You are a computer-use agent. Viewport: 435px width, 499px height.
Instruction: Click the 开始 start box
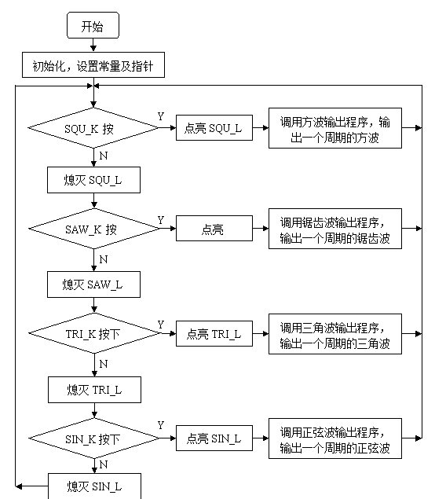pos(93,25)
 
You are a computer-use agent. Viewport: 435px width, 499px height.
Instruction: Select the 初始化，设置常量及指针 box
pos(93,65)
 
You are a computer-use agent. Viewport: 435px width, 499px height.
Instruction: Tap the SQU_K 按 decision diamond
pos(93,128)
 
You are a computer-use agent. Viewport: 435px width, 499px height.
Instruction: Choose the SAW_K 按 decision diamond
pos(93,229)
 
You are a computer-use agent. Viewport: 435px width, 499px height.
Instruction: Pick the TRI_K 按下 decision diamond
pos(94,333)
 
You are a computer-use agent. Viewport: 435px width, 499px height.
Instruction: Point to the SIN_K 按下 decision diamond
pos(93,438)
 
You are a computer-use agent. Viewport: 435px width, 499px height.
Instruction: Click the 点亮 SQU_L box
pos(214,127)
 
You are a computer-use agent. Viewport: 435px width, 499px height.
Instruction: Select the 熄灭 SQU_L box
pos(93,180)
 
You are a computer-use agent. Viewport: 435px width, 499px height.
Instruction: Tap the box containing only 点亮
pos(214,228)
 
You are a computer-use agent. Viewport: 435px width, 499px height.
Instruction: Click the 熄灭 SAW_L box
pos(93,284)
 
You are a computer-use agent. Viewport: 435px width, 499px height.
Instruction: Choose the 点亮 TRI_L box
pos(214,333)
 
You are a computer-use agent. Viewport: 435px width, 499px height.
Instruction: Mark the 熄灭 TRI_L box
pos(94,390)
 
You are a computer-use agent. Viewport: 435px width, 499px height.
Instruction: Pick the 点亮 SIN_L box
pos(214,438)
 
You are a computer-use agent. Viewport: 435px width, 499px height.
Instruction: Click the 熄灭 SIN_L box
pos(94,486)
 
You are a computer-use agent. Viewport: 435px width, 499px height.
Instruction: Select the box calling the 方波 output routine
pos(335,128)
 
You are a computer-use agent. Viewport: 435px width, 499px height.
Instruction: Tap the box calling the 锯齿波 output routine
pos(335,229)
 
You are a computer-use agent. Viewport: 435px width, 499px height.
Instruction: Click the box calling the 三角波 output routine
pos(335,334)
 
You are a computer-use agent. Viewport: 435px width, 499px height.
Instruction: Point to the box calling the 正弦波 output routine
pos(335,438)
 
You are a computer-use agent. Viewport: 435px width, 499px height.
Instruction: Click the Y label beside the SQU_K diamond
pos(161,116)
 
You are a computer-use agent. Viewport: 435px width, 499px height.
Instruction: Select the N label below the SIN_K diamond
pos(104,464)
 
